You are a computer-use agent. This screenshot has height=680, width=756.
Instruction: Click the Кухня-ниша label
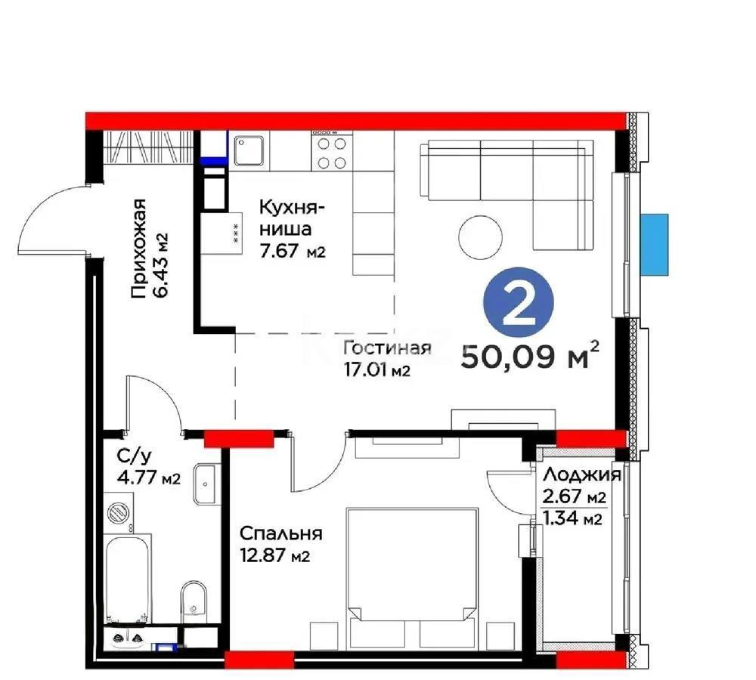point(292,228)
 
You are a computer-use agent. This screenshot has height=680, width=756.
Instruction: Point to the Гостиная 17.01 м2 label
point(386,358)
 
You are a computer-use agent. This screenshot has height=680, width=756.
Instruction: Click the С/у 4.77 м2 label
point(149,467)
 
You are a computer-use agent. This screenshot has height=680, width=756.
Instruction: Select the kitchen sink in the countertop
point(248,150)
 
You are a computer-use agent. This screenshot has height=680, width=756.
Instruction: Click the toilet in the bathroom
point(194,599)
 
